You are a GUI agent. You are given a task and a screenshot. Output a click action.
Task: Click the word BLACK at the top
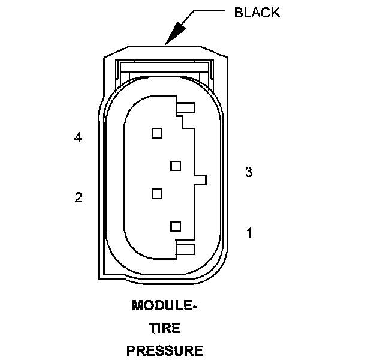pyautogui.click(x=257, y=13)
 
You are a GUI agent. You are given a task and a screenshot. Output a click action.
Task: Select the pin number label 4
pyautogui.click(x=78, y=138)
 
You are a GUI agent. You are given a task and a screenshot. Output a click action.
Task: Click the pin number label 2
pyautogui.click(x=78, y=197)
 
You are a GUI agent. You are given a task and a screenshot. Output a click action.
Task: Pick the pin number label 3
pyautogui.click(x=249, y=173)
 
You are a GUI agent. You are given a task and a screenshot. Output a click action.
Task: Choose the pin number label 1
pyautogui.click(x=249, y=232)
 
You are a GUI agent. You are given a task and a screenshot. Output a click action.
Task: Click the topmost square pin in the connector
pyautogui.click(x=157, y=133)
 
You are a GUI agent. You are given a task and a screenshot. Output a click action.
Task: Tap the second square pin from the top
pyautogui.click(x=176, y=164)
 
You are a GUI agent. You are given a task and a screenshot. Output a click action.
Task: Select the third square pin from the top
pyautogui.click(x=157, y=193)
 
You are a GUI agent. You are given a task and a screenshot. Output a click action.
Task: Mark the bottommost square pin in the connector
pyautogui.click(x=176, y=226)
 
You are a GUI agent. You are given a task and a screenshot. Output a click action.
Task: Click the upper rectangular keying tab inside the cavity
pyautogui.click(x=186, y=109)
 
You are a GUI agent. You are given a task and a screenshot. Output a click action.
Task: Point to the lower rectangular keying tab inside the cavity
pyautogui.click(x=186, y=247)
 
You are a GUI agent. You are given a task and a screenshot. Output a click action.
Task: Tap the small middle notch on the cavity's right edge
pyautogui.click(x=201, y=179)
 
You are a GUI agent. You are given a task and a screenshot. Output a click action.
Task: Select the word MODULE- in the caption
pyautogui.click(x=164, y=306)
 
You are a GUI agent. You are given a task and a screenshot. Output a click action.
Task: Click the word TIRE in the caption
pyautogui.click(x=164, y=328)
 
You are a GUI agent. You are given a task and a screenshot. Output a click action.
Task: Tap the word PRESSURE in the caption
pyautogui.click(x=164, y=350)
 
